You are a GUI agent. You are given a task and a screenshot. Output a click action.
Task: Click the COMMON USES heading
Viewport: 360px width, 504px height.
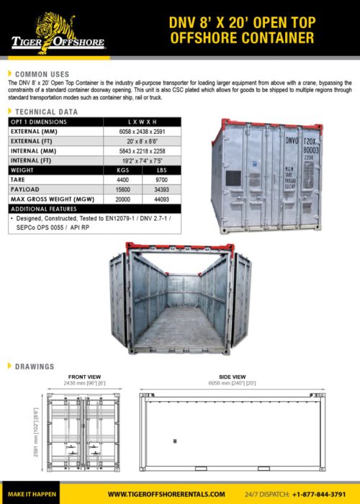[x=42, y=73]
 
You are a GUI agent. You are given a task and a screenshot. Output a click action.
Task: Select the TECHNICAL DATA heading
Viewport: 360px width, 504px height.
[x=47, y=112]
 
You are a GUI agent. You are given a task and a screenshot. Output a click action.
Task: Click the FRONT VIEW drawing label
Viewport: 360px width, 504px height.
[x=84, y=377]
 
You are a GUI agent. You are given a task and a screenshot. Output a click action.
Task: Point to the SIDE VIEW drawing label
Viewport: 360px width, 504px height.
[x=233, y=377]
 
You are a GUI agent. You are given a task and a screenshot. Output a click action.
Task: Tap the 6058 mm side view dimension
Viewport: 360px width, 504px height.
[x=233, y=384]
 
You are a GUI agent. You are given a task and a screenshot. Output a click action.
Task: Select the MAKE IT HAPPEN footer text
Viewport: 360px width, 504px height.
[x=32, y=494]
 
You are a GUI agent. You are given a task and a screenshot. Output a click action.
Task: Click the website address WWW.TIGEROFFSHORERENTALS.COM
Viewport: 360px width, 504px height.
[x=166, y=494]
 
